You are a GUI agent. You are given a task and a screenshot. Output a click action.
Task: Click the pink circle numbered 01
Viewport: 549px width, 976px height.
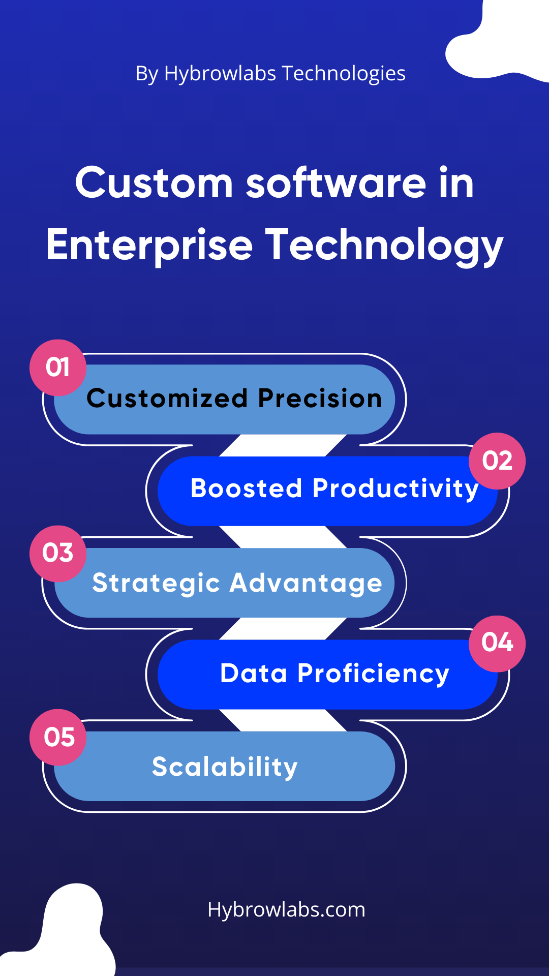tap(58, 368)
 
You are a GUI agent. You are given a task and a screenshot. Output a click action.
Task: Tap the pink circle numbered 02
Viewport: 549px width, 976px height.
tap(497, 461)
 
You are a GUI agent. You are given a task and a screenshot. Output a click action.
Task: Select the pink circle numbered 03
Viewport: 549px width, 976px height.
tap(58, 554)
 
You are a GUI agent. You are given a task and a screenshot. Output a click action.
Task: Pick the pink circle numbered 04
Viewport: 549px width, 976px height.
tap(497, 644)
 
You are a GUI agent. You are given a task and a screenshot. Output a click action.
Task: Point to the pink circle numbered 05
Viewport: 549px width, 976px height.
tap(58, 737)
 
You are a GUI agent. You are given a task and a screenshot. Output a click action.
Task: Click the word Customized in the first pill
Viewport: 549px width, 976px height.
tap(167, 398)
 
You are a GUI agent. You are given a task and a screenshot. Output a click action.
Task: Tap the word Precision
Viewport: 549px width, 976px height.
tap(320, 398)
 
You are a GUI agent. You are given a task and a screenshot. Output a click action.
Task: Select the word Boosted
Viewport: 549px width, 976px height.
tap(247, 489)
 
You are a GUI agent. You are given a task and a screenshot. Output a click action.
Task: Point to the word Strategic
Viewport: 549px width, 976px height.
tap(156, 584)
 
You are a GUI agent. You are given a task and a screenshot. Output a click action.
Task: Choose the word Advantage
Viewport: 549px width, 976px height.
tap(306, 584)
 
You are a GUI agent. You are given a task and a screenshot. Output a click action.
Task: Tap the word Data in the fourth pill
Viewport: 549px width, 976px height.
tap(254, 674)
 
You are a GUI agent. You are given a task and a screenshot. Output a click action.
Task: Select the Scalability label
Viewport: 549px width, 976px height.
tap(225, 768)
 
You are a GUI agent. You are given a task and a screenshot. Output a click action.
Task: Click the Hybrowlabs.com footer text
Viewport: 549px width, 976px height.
tap(286, 910)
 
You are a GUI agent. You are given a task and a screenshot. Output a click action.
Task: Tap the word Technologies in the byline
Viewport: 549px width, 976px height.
tap(343, 74)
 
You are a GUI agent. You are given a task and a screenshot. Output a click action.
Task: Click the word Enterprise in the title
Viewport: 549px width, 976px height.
tap(149, 246)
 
